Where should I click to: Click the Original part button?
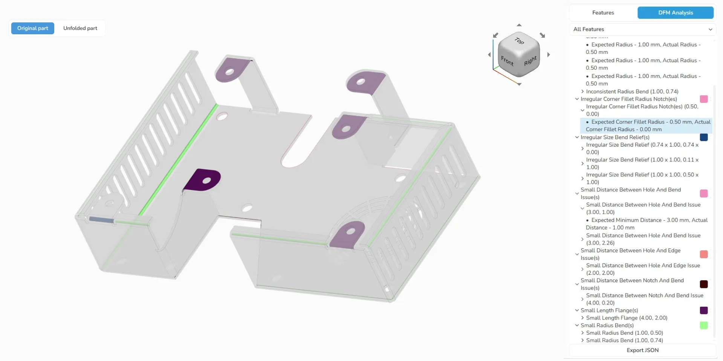[33, 28]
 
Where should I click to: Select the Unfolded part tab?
[80, 28]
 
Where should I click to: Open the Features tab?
[603, 13]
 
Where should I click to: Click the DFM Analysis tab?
[675, 13]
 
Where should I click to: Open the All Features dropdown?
[642, 29]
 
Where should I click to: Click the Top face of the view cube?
[519, 41]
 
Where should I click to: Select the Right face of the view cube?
[530, 61]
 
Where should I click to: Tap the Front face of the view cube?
[507, 60]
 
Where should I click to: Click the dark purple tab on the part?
[203, 180]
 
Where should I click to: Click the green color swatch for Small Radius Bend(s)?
[703, 325]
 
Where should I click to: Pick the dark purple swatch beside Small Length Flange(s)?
[703, 311]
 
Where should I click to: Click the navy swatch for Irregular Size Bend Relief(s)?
[703, 137]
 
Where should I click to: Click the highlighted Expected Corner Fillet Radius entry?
[646, 125]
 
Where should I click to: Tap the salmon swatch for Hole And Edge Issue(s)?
[703, 254]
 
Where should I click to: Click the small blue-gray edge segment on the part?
[101, 220]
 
